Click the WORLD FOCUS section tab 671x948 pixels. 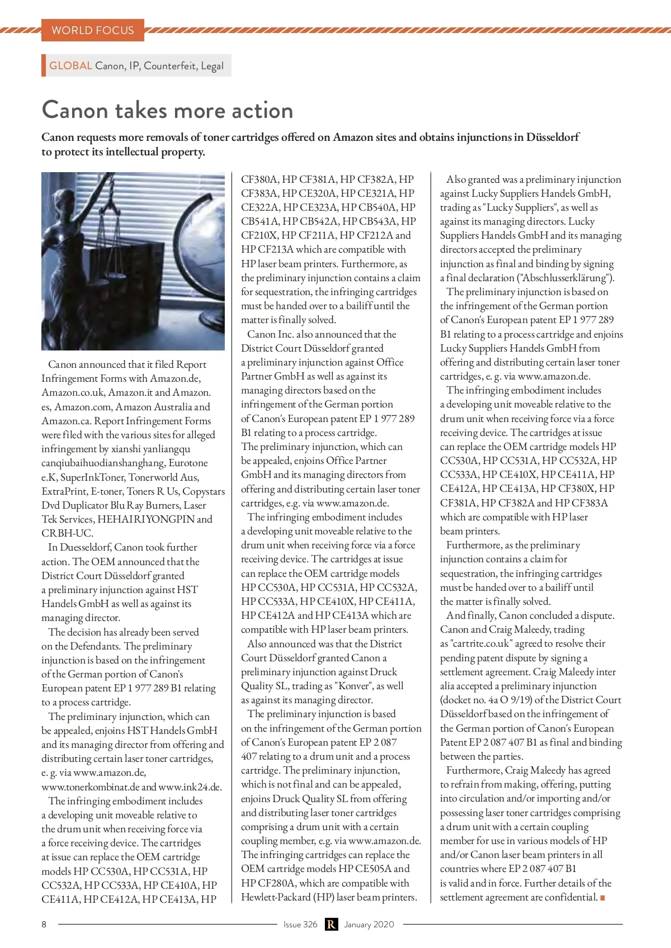[93, 30]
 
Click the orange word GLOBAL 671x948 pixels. [70, 65]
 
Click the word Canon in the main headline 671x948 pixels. [75, 110]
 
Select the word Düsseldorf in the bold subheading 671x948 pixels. [552, 137]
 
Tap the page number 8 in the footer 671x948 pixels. [44, 924]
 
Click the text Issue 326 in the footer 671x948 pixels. [300, 924]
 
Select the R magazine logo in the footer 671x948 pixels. [331, 924]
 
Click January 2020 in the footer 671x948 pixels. [369, 924]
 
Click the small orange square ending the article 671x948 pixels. [603, 898]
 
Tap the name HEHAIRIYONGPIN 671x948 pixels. [146, 519]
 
